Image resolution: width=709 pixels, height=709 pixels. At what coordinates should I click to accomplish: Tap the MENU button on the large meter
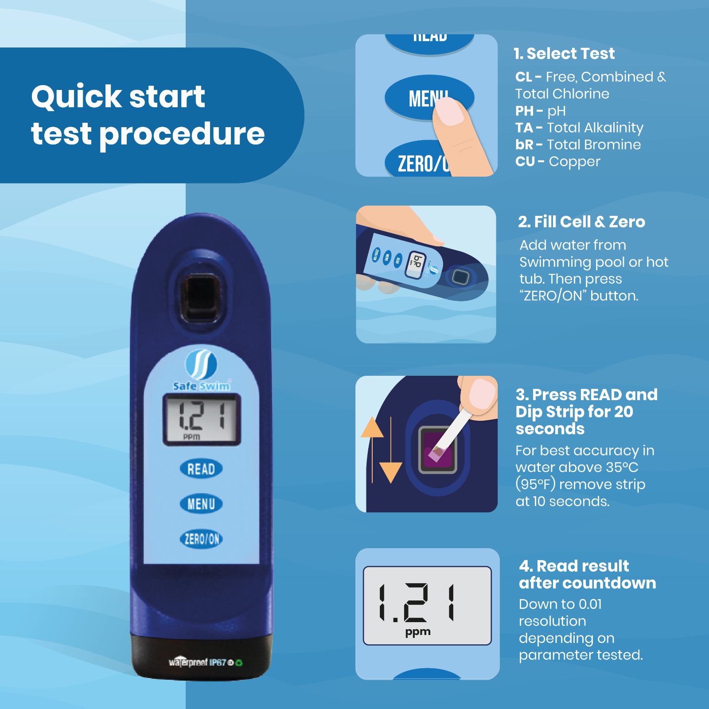201,504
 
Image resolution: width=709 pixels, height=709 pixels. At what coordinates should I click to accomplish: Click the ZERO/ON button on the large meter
201,539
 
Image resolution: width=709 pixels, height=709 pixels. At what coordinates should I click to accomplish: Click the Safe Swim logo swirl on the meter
201,365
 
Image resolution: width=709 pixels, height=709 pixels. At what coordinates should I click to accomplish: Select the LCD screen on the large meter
202,419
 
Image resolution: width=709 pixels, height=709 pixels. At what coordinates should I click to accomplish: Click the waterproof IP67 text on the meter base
205,662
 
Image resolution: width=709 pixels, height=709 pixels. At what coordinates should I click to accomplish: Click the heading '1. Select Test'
564,54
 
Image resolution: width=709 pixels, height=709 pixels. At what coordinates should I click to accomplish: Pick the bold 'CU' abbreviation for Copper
525,161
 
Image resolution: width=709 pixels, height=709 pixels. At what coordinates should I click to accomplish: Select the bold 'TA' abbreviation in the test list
524,128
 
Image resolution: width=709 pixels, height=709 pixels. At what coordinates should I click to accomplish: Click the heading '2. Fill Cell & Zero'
581,222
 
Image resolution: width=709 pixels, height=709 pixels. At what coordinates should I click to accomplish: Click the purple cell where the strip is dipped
438,450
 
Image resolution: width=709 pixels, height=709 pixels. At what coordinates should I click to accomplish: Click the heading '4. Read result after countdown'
587,574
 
